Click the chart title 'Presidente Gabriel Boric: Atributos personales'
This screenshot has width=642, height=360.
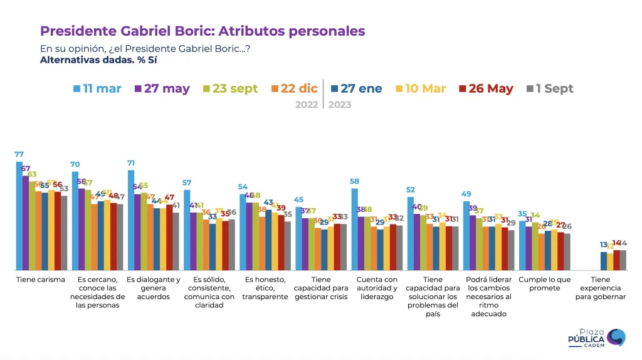pyautogui.click(x=203, y=31)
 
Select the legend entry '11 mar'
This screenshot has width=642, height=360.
pyautogui.click(x=97, y=88)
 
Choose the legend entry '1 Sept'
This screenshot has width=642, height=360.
pyautogui.click(x=545, y=88)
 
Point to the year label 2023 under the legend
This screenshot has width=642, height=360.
pyautogui.click(x=339, y=105)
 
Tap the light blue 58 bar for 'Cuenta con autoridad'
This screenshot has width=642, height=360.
pyautogui.click(x=355, y=229)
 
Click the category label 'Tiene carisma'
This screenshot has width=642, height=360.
pyautogui.click(x=41, y=280)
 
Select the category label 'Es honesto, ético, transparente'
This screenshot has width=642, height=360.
pyautogui.click(x=265, y=288)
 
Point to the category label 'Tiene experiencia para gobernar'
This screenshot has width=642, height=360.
pyautogui.click(x=600, y=288)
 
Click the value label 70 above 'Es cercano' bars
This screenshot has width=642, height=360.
pyautogui.click(x=75, y=165)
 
